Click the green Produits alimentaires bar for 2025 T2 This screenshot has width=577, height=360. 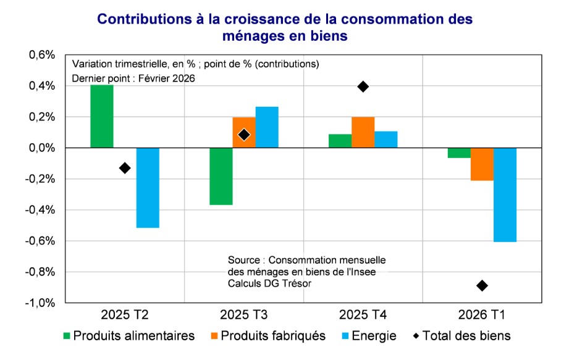(x=102, y=117)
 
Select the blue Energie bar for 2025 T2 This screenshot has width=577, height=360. (x=148, y=188)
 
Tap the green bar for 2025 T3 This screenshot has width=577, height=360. (x=221, y=176)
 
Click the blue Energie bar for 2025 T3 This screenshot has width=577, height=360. (x=267, y=127)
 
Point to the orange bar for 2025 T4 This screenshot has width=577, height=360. (x=363, y=132)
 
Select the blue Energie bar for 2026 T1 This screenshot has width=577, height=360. (x=505, y=195)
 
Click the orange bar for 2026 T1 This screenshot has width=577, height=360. (x=482, y=164)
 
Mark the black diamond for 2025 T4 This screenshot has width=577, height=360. (x=363, y=86)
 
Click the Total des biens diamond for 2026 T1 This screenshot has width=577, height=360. (x=482, y=285)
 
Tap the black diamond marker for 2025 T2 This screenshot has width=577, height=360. (x=125, y=168)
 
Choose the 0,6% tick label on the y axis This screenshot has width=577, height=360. (x=42, y=55)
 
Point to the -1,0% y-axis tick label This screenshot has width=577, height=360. (x=41, y=303)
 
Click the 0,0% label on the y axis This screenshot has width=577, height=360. (x=42, y=148)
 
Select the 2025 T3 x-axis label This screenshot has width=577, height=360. (x=244, y=316)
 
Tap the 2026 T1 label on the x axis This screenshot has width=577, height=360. (x=482, y=316)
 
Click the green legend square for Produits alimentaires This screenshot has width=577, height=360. (x=67, y=336)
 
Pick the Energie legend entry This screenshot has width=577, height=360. (x=370, y=336)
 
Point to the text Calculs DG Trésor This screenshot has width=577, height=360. (x=269, y=282)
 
